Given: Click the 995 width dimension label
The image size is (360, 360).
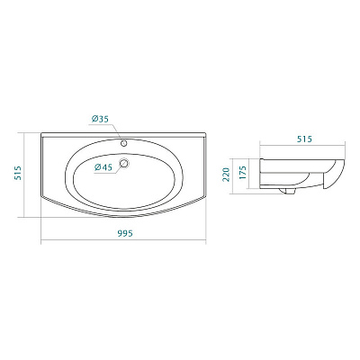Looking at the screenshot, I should [x=125, y=233].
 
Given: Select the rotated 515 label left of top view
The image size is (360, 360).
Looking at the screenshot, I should [x=16, y=175].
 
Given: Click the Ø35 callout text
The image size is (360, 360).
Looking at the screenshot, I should [x=100, y=120].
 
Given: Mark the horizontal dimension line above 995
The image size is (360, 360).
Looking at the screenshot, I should [x=125, y=240].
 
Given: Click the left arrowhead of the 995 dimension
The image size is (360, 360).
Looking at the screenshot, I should [x=43, y=240].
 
